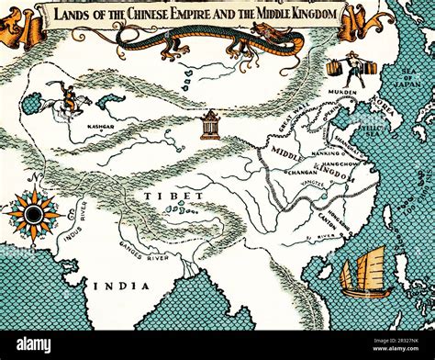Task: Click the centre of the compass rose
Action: tap(34, 215)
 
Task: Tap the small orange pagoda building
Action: tap(211, 123)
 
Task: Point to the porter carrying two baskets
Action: tap(348, 65)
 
